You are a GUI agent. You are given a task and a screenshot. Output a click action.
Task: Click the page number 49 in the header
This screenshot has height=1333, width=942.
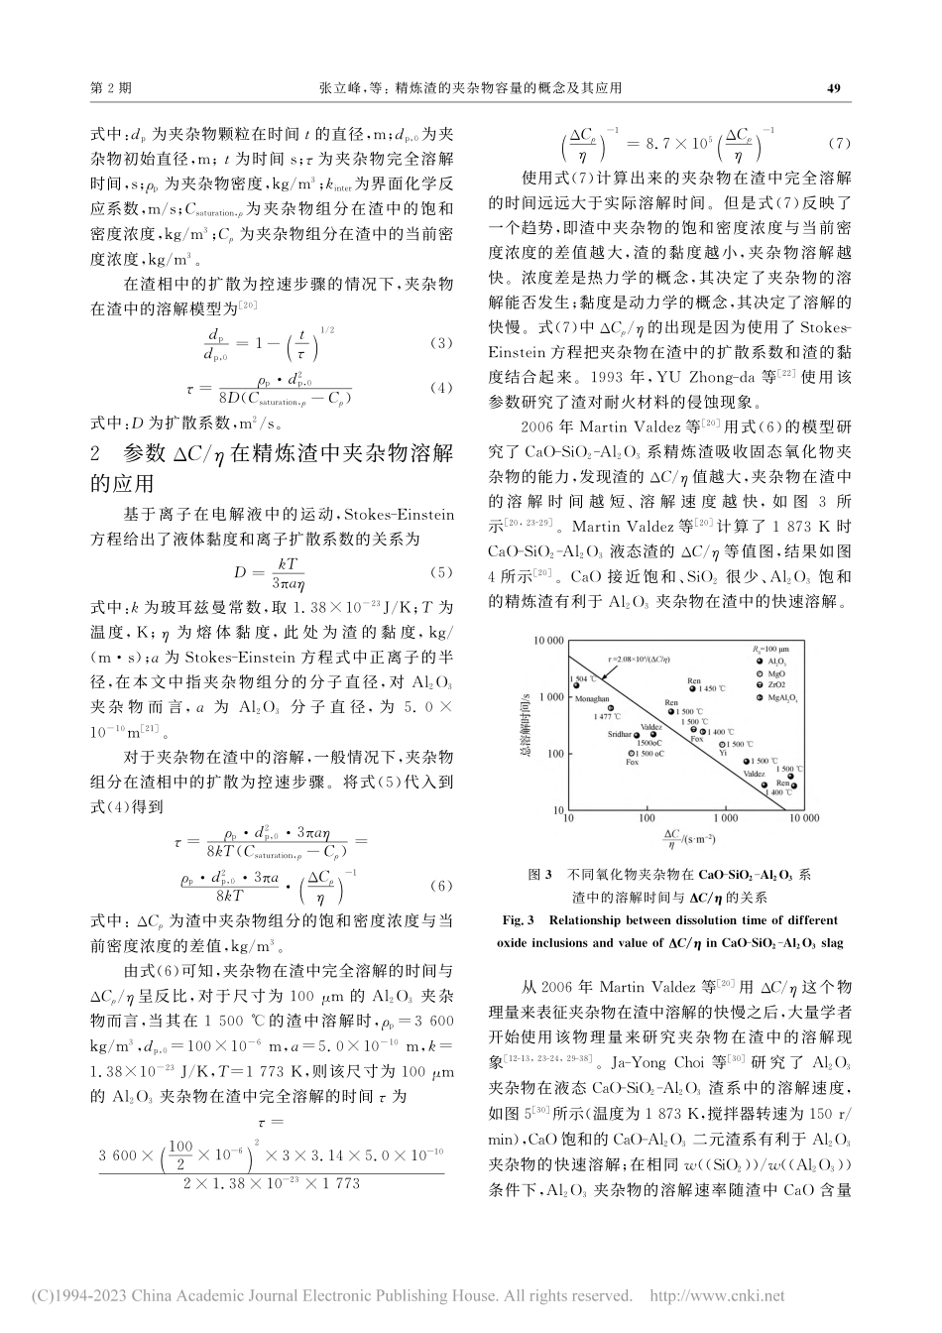point(833,88)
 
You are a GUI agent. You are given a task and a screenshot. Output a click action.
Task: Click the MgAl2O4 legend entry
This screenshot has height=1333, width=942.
point(774,698)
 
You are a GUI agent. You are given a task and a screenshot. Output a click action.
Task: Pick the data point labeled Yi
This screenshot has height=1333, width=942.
point(722,744)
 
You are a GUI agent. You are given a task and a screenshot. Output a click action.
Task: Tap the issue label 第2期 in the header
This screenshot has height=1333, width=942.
point(111,88)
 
